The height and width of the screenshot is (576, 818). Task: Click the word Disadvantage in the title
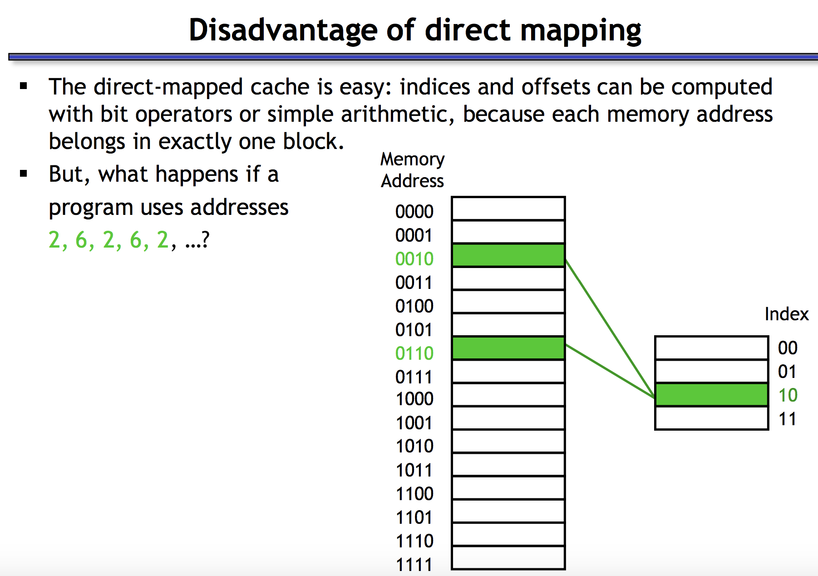[x=283, y=30]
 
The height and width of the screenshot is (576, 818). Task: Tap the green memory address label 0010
[x=414, y=259]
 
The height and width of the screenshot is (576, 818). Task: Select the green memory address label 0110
[x=414, y=353]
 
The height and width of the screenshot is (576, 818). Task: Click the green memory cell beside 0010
[x=508, y=255]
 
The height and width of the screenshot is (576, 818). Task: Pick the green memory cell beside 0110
[x=508, y=348]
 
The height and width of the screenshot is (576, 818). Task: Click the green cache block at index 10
[x=711, y=395]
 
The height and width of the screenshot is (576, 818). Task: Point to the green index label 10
[x=788, y=395]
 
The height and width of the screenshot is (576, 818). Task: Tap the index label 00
[x=788, y=348]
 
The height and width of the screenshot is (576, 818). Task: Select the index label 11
[x=788, y=419]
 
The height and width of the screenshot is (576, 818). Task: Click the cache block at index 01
[x=711, y=372]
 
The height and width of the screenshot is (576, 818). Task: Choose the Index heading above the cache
[x=787, y=314]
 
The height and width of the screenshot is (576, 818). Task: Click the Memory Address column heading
[x=412, y=170]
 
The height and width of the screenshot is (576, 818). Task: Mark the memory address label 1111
[x=414, y=565]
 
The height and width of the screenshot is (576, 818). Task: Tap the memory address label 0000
[x=414, y=212]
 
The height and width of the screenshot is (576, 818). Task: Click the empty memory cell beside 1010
[x=508, y=442]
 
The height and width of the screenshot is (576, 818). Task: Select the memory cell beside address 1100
[x=508, y=488]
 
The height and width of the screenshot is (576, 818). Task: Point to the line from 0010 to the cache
[x=611, y=329]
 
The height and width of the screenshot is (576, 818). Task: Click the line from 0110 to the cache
[x=611, y=372]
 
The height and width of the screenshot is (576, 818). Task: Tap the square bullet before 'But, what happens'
[x=24, y=174]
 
